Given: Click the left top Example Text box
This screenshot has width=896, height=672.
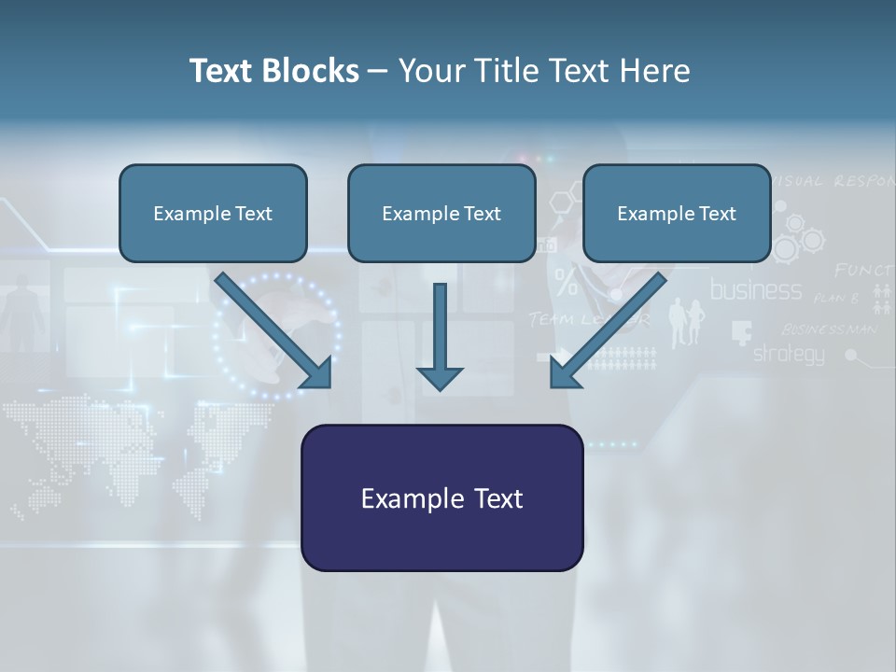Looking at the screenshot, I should point(213,213).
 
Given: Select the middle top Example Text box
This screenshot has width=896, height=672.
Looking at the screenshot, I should point(441,213).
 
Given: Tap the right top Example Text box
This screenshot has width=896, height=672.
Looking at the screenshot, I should point(677,213).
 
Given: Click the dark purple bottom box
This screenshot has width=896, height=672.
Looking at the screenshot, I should point(441,497).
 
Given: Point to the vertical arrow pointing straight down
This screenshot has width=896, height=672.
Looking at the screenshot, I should point(440,336).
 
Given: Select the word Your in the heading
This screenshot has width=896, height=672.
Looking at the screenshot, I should point(430,71).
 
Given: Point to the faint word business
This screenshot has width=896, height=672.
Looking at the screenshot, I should point(756,290).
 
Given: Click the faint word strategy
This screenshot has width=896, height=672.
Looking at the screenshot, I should point(789,354).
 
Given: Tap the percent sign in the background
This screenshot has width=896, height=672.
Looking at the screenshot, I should point(566,280).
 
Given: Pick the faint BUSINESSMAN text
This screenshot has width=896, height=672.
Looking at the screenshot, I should point(829,329).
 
